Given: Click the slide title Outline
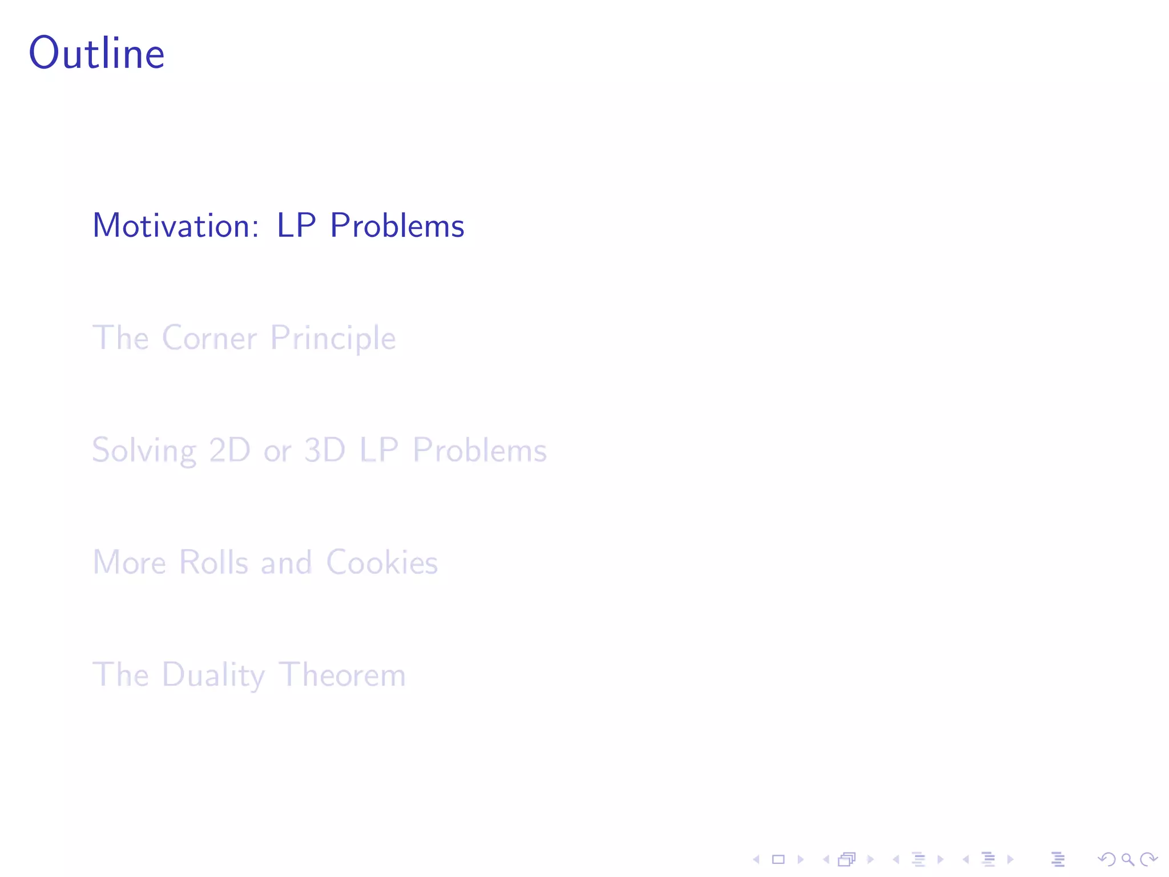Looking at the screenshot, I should coord(96,53).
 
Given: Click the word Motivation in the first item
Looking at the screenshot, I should coord(176,226).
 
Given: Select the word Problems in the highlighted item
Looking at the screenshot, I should coord(397,226).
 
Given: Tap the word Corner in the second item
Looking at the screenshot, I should coord(209,338).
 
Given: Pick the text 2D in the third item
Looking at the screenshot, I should coord(229,450).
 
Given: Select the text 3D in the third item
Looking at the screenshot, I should coord(324,450).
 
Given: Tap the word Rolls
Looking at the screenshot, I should coord(213,562).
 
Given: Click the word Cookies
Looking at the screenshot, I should coord(382,562).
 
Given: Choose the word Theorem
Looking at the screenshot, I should coord(342,675).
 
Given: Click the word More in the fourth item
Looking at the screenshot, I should coord(129,562).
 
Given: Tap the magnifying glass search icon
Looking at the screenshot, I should coord(1127,859).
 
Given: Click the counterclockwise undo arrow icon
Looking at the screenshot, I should coord(1106,859).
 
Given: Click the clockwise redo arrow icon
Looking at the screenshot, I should coord(1148,859).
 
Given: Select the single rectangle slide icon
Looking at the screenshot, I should coord(778,859).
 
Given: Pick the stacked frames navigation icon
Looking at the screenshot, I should coord(847,859).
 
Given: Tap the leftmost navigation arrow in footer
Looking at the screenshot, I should coord(756,859).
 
